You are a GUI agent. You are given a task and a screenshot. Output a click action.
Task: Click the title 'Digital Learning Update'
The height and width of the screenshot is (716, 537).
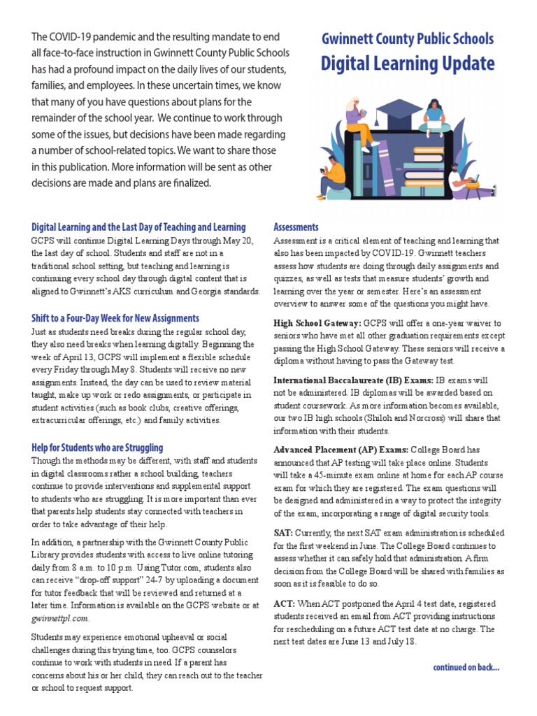click(x=408, y=64)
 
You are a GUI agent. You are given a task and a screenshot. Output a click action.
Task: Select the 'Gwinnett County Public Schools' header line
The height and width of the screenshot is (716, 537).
click(x=408, y=39)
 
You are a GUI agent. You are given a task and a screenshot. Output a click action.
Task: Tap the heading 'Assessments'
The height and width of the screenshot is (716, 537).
click(x=296, y=227)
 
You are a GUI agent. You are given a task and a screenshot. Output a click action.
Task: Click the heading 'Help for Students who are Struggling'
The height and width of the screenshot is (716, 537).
click(x=97, y=447)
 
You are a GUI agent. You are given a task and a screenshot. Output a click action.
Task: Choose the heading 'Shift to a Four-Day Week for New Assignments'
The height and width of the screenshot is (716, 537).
click(x=115, y=318)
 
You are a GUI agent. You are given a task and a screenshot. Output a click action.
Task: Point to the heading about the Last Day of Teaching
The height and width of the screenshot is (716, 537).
click(x=138, y=227)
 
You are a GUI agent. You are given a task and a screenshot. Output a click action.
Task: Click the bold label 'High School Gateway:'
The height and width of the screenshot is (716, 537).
click(x=317, y=323)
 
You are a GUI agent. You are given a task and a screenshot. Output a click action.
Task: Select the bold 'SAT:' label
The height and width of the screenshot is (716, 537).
click(x=283, y=532)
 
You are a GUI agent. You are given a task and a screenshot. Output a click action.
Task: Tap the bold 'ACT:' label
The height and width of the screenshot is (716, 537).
click(x=284, y=603)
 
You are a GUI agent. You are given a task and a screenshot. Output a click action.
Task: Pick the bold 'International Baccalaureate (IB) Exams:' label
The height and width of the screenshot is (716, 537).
click(x=353, y=380)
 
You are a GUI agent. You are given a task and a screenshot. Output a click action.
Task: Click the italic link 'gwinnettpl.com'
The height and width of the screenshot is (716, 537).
click(x=60, y=618)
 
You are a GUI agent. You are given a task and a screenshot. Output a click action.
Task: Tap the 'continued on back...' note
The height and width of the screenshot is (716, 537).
click(x=466, y=667)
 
